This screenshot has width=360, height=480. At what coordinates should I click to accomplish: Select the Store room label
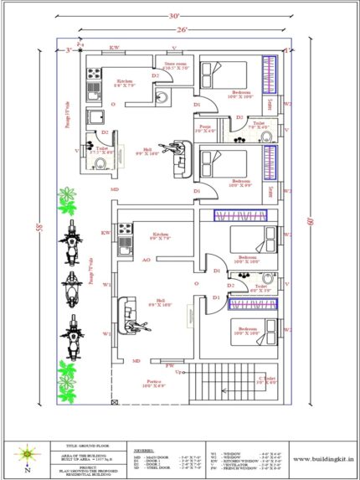pos(176,64)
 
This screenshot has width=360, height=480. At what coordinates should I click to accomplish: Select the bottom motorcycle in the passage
pos(71,336)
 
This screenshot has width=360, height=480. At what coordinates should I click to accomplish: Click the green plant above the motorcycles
pos(66,201)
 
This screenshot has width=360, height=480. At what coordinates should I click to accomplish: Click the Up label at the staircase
pos(177,370)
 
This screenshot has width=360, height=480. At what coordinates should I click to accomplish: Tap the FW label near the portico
pos(170,365)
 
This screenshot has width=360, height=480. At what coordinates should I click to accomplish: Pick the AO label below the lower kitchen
pos(147,261)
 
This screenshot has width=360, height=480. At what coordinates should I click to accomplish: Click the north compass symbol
pos(28,455)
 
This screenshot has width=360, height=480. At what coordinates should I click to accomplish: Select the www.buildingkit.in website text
pos(321,458)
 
